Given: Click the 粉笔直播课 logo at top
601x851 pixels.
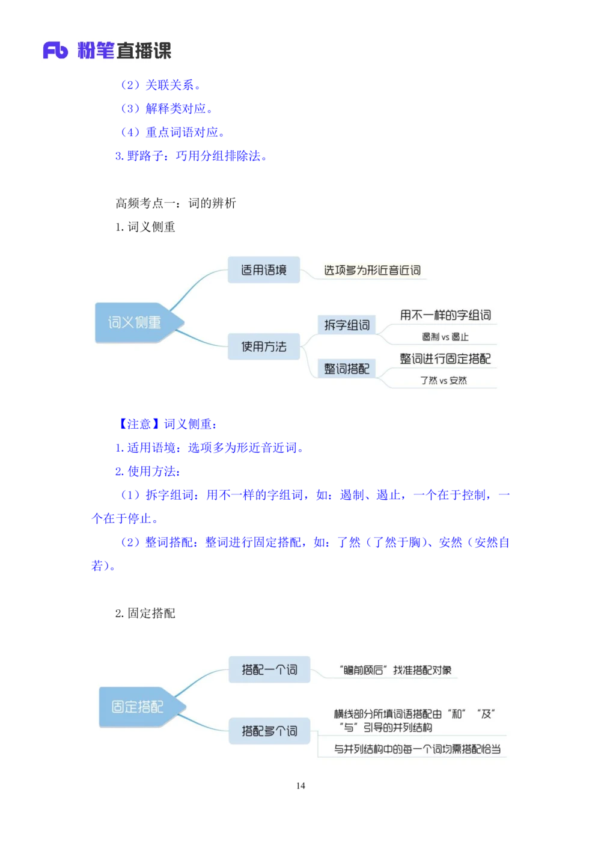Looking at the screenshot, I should pyautogui.click(x=106, y=49).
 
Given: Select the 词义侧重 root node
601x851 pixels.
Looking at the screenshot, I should pyautogui.click(x=135, y=323).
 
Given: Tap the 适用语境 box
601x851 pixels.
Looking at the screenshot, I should pyautogui.click(x=264, y=270).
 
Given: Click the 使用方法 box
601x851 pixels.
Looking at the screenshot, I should pyautogui.click(x=264, y=346).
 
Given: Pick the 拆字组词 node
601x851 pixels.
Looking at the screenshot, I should pyautogui.click(x=347, y=325).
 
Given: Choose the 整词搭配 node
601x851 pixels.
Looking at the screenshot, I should pyautogui.click(x=347, y=369).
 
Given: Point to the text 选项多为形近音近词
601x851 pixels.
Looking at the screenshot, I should pyautogui.click(x=372, y=271).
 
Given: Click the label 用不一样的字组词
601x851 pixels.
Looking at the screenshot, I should pyautogui.click(x=445, y=315).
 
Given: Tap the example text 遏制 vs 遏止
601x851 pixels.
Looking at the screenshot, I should pyautogui.click(x=445, y=337).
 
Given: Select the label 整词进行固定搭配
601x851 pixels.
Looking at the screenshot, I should pyautogui.click(x=445, y=359).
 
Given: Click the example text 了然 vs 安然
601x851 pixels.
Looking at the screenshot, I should pyautogui.click(x=444, y=381).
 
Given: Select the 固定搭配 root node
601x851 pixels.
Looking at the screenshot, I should pyautogui.click(x=138, y=707).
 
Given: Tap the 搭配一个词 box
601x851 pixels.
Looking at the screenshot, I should pyautogui.click(x=269, y=670).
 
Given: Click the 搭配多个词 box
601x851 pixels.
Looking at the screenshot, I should pyautogui.click(x=269, y=731).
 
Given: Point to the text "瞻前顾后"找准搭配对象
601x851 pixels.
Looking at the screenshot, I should pyautogui.click(x=395, y=671).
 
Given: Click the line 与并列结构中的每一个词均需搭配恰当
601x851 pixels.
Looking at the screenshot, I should pyautogui.click(x=417, y=749).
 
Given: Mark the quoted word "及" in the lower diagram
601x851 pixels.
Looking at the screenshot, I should pyautogui.click(x=486, y=714).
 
